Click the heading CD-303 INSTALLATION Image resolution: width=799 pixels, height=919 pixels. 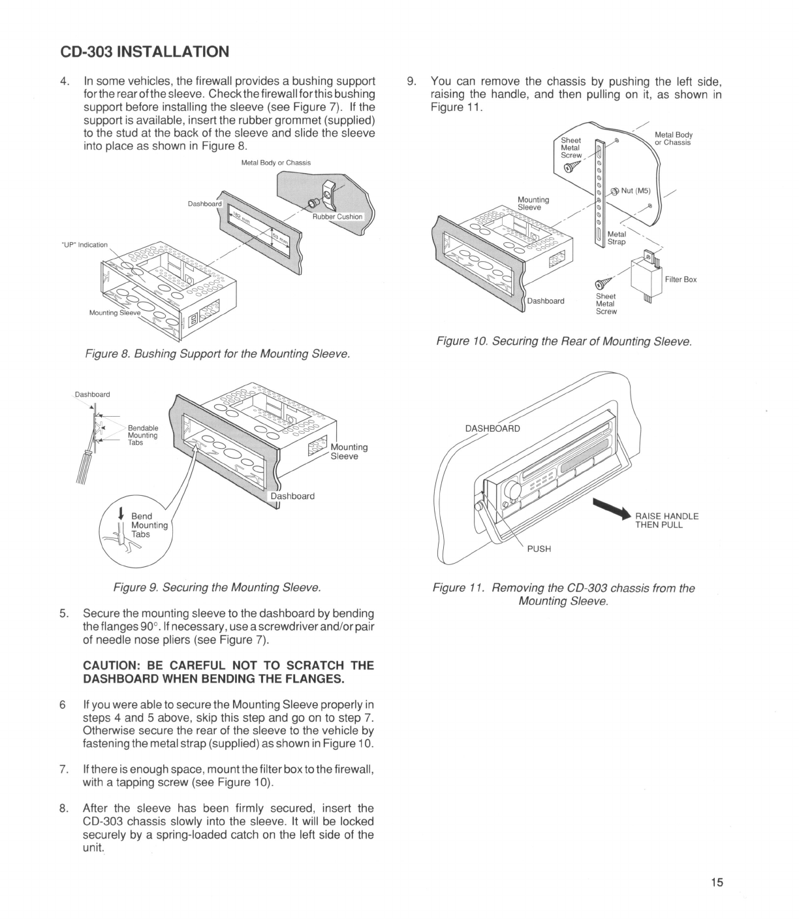pyautogui.click(x=144, y=52)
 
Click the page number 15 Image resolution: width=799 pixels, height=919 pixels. pyautogui.click(x=717, y=883)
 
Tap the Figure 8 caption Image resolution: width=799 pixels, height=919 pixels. pyautogui.click(x=218, y=354)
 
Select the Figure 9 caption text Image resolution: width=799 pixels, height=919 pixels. pyautogui.click(x=217, y=588)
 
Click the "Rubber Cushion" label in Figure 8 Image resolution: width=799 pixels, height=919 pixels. pyautogui.click(x=337, y=217)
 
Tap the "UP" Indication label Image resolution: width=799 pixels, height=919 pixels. pyautogui.click(x=84, y=245)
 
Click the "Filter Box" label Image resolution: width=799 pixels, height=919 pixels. pyautogui.click(x=680, y=280)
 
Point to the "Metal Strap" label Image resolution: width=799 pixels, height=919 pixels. pyautogui.click(x=616, y=238)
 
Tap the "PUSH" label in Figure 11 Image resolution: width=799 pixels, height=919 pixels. pyautogui.click(x=539, y=549)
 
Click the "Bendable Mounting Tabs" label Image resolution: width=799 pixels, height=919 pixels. pyautogui.click(x=142, y=435)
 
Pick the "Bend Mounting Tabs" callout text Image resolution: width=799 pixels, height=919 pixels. pyautogui.click(x=149, y=525)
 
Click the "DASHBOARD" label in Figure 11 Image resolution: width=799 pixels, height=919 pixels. pyautogui.click(x=492, y=428)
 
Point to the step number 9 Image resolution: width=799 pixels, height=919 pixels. pyautogui.click(x=411, y=82)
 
